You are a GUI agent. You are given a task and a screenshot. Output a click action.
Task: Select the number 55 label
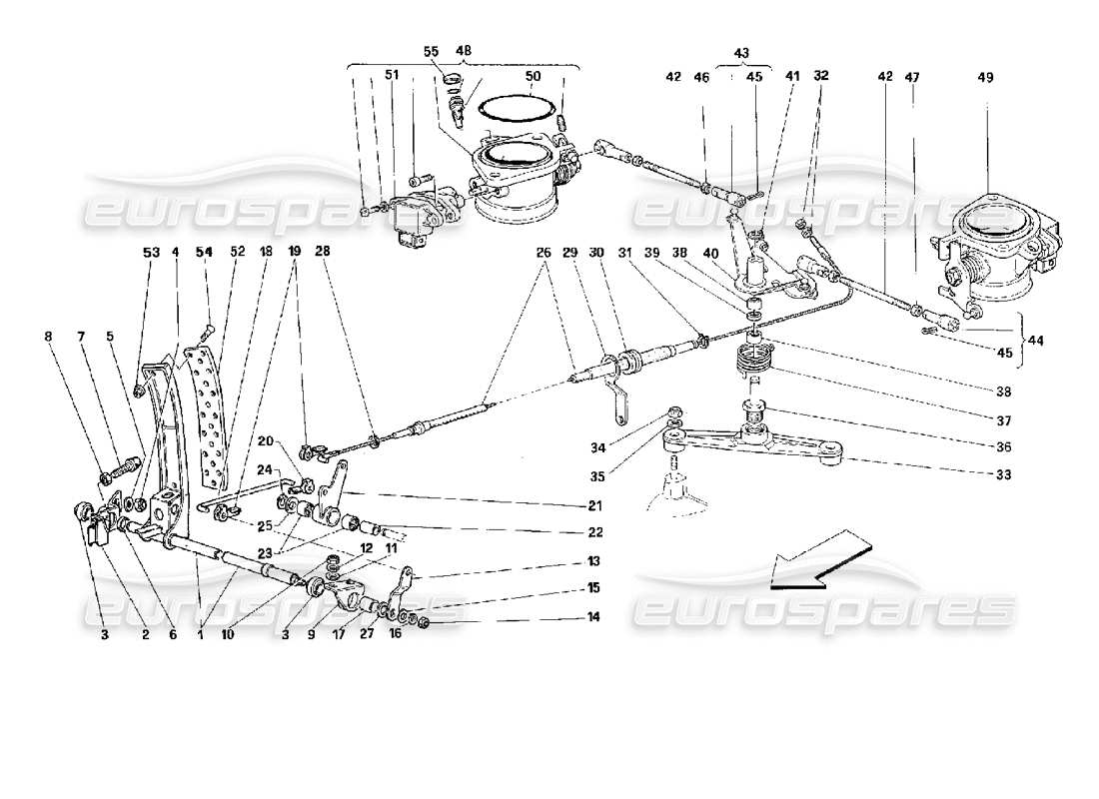pos(431,51)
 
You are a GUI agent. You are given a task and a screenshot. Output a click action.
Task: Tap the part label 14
pos(593,618)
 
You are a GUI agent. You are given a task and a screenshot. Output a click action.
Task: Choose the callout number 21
pos(593,504)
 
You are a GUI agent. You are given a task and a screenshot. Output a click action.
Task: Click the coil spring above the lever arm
pos(756,363)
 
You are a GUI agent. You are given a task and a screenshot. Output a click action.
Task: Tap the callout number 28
pos(323,254)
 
